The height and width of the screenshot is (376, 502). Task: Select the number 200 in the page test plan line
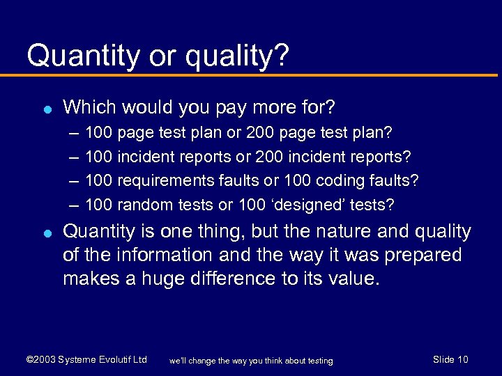point(260,132)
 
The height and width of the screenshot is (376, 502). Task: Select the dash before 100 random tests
point(74,205)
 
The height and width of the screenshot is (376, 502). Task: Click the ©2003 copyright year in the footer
point(40,359)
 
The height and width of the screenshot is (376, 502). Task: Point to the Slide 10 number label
point(450,359)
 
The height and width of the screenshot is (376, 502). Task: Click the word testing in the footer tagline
point(317,361)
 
